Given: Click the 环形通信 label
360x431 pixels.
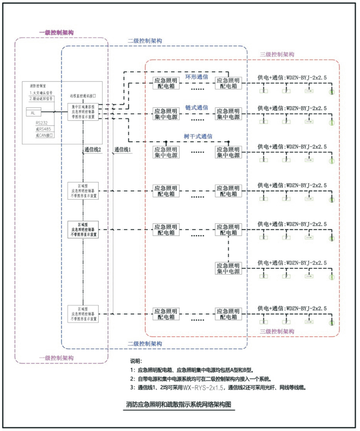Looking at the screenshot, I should [197, 76].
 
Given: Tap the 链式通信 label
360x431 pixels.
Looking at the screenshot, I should [197, 107].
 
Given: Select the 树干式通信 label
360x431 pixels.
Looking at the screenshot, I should [197, 136].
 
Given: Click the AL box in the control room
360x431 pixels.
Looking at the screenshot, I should [33, 112].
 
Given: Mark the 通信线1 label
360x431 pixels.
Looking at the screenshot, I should [122, 150].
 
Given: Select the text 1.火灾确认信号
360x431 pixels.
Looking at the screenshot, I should [41, 93].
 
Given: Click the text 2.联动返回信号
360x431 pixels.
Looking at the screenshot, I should [41, 99].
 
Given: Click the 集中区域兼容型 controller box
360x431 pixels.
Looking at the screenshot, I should [83, 111].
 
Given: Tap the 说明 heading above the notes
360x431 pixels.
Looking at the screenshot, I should [135, 361].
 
